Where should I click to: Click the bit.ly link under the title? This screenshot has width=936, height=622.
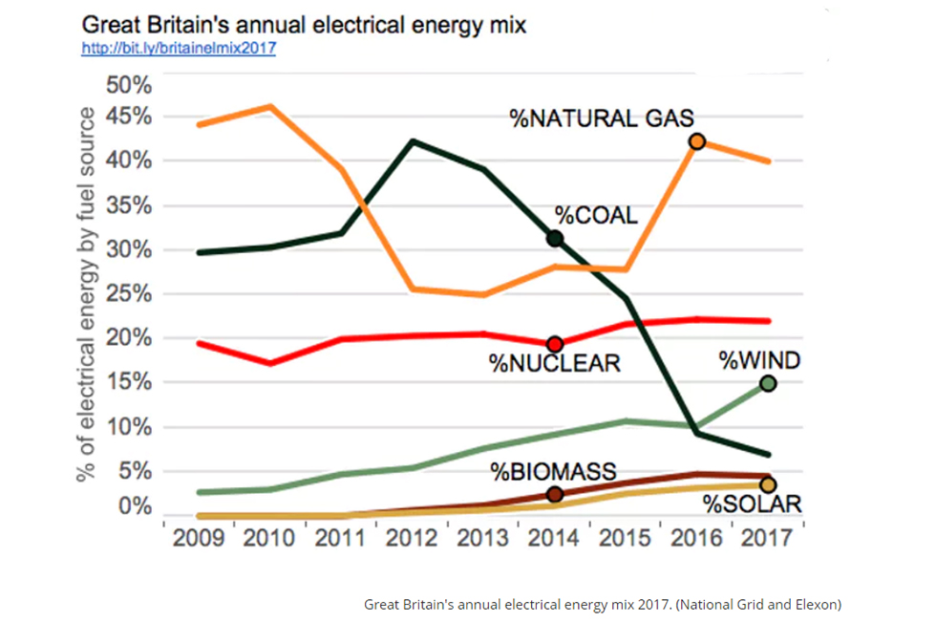[179, 48]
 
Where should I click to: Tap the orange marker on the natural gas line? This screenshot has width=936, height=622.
[697, 141]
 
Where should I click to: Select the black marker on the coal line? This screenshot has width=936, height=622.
[554, 238]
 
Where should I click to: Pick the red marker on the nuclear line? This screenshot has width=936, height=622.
[554, 344]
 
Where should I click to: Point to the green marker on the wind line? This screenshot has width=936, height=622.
[768, 383]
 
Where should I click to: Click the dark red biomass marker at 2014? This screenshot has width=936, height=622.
[555, 494]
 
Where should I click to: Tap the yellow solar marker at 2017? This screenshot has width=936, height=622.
[768, 485]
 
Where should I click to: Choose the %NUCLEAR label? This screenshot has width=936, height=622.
[555, 364]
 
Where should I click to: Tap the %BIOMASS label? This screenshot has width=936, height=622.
[553, 471]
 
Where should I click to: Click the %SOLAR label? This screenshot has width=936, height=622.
[752, 504]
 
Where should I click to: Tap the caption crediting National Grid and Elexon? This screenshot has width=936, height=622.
[603, 604]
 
